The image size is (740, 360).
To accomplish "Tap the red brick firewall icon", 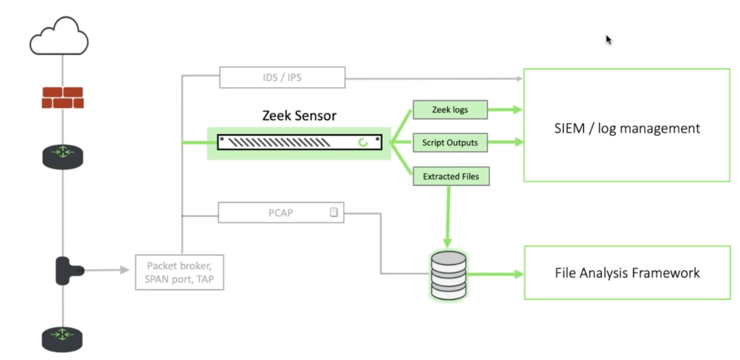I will coord(63,98).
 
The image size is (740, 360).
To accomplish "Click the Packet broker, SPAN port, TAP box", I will coord(179,272).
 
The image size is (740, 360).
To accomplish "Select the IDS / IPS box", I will coord(282,78).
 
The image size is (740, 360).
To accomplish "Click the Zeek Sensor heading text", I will coord(299,115).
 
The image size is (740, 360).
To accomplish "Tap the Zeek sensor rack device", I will coord(299,142).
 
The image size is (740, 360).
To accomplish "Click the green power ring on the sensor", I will coord(364,142).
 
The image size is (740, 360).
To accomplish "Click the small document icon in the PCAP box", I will coord(334,213).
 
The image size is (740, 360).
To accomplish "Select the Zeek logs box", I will coord(450,109).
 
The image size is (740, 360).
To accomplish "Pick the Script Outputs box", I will coord(450,142).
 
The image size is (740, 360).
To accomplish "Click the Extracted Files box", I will coord(451,177).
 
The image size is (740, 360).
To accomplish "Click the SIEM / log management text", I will coord(626,128).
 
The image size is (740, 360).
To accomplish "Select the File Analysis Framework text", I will coord(627,273).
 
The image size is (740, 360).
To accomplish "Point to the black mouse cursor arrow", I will coord(608,40).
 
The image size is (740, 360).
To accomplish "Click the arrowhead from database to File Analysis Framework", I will coord(518,274).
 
